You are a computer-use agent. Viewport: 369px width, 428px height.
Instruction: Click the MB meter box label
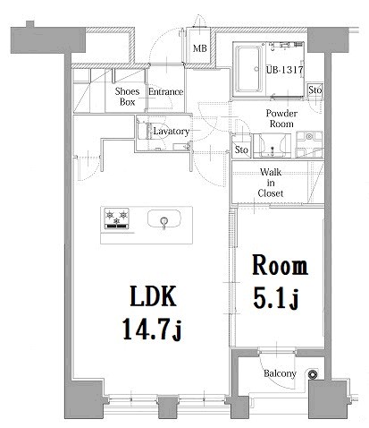tap(199, 48)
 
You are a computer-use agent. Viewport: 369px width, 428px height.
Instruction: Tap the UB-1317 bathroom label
tap(284, 70)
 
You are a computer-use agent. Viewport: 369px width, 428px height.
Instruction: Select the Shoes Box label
tap(127, 97)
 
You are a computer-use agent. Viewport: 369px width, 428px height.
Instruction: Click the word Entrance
tap(165, 91)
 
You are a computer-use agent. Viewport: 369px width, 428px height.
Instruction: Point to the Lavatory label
tap(172, 132)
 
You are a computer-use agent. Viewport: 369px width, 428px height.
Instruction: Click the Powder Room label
tap(281, 118)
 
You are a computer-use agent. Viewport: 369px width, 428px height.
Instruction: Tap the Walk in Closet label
tap(271, 183)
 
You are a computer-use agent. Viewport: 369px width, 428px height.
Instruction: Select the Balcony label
tap(280, 373)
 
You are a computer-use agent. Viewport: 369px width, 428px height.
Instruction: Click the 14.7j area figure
tap(152, 330)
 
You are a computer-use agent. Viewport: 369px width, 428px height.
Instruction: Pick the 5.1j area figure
tap(276, 299)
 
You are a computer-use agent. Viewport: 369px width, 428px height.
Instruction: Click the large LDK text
tap(153, 296)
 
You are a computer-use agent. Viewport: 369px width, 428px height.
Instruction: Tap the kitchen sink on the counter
tap(164, 219)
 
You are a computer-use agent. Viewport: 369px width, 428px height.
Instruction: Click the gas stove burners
tap(116, 218)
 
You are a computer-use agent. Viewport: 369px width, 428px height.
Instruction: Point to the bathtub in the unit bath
tap(249, 69)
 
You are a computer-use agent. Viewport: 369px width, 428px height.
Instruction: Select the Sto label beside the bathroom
tap(315, 90)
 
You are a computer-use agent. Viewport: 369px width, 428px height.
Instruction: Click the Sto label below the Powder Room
tap(241, 150)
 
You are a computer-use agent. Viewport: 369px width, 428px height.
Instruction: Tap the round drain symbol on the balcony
tap(313, 373)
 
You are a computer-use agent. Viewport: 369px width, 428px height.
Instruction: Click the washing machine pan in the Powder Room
tap(309, 144)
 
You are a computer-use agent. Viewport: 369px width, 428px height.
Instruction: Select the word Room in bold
tap(280, 265)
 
